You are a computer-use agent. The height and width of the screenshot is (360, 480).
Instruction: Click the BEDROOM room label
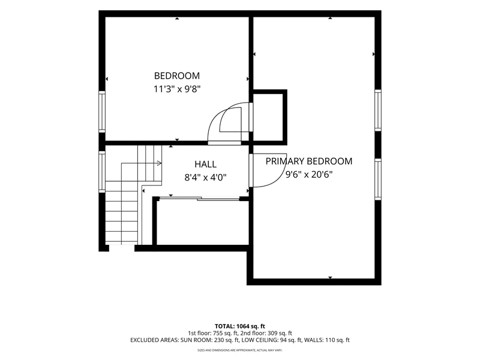tap(177, 76)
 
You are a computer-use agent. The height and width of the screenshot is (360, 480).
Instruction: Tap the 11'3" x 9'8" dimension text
tap(177, 89)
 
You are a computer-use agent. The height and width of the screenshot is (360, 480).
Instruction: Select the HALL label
tap(205, 164)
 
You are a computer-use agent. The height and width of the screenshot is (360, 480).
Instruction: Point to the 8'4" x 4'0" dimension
tap(205, 178)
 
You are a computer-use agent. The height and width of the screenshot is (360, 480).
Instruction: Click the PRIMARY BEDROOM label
tap(309, 161)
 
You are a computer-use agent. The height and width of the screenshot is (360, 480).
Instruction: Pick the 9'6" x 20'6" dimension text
tap(309, 175)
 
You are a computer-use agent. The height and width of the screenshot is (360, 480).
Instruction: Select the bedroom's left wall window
tap(102, 112)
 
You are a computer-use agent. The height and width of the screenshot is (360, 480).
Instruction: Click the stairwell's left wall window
tap(102, 172)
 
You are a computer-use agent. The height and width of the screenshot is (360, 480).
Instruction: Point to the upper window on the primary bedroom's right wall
tap(378, 110)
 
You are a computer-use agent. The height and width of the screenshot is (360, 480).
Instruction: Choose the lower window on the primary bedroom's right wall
tap(378, 179)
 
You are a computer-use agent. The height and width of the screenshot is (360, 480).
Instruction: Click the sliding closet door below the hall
tap(199, 199)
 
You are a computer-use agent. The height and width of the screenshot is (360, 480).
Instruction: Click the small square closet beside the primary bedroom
tap(268, 117)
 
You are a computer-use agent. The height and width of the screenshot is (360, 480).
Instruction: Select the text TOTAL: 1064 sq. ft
tap(240, 326)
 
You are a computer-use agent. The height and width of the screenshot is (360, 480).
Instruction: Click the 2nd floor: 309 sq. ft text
tap(266, 333)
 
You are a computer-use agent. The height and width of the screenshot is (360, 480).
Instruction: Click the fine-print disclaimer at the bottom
tap(240, 350)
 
